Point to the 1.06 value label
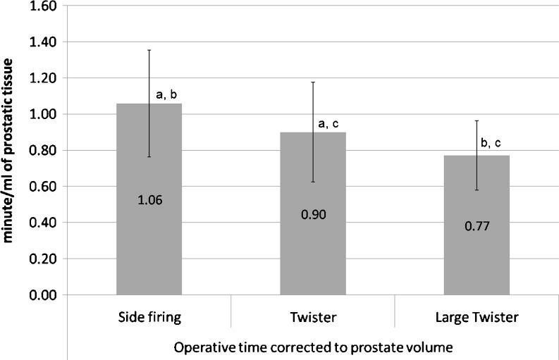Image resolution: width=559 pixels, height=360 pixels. pyautogui.click(x=149, y=200)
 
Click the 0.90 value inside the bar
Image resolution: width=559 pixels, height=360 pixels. pyautogui.click(x=313, y=213)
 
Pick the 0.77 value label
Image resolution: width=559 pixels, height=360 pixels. pyautogui.click(x=477, y=227)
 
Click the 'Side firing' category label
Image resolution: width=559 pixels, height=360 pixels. pyautogui.click(x=149, y=317)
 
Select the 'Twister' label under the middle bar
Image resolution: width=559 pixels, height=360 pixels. pyautogui.click(x=313, y=317)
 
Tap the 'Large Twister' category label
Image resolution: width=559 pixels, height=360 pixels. pyautogui.click(x=477, y=317)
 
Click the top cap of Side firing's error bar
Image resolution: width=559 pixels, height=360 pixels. pyautogui.click(x=149, y=50)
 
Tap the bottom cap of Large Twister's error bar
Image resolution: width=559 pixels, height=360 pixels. pyautogui.click(x=477, y=190)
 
